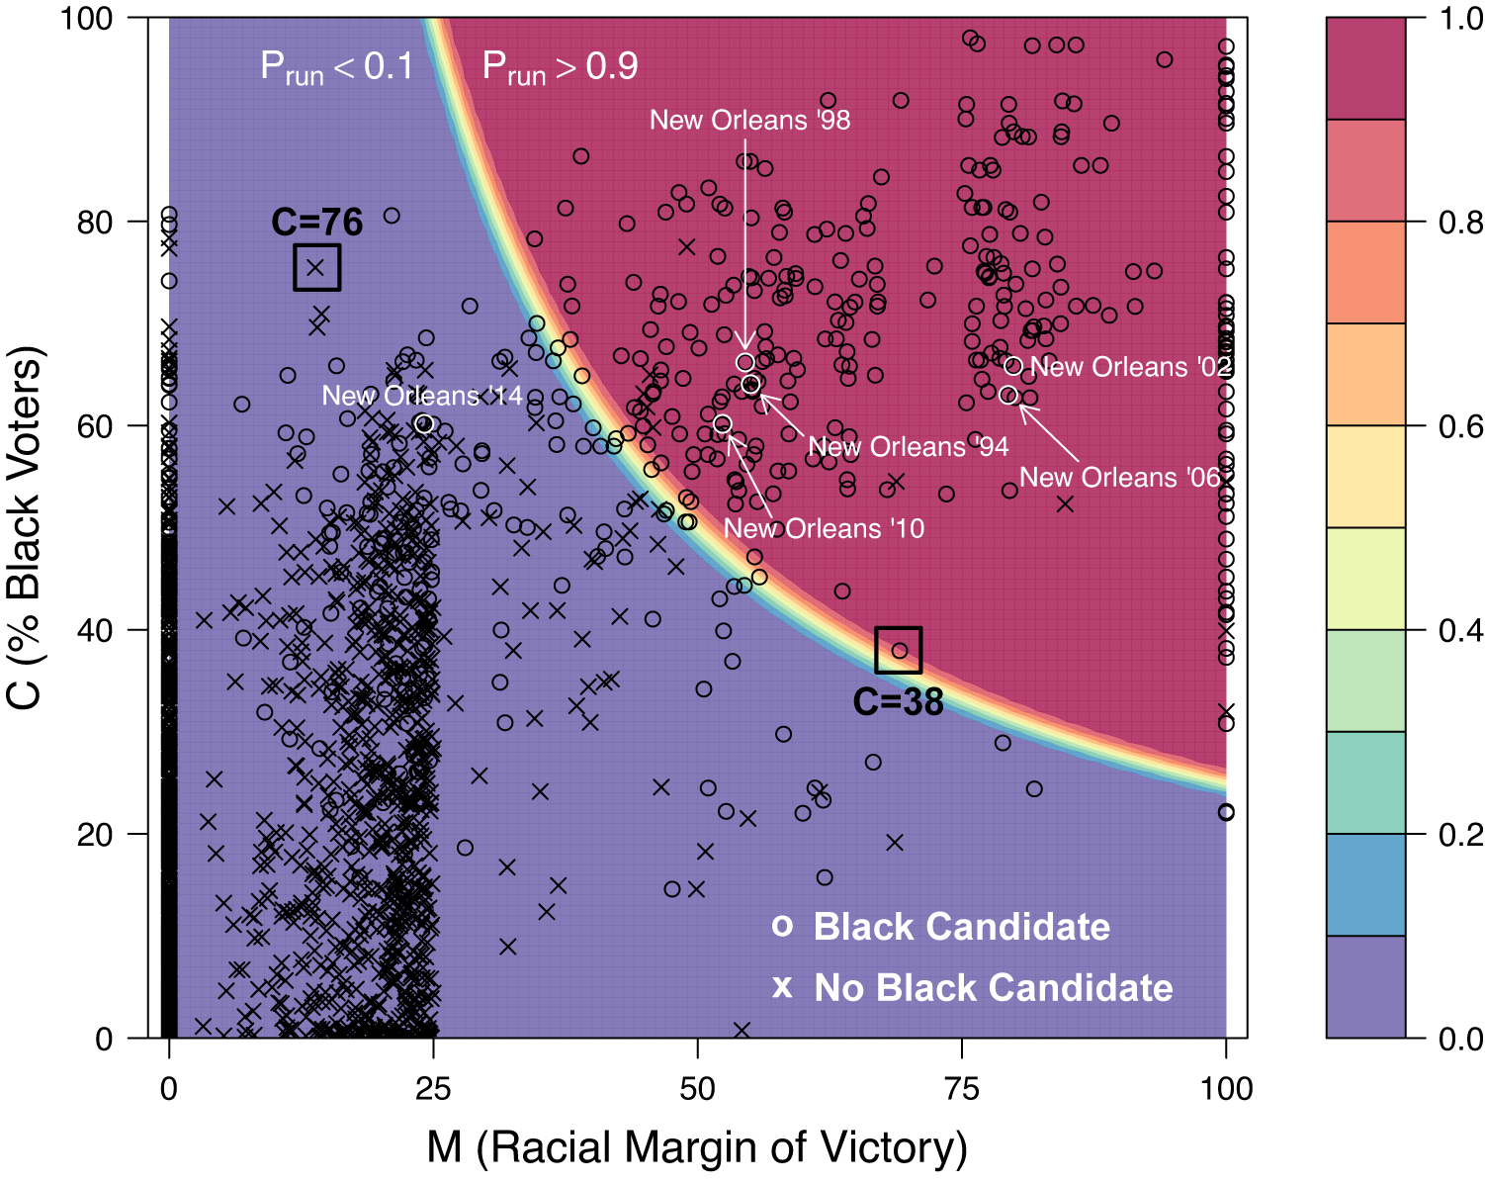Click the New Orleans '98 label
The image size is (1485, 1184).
749,121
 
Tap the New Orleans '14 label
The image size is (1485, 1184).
422,397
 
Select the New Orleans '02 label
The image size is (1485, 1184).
1131,368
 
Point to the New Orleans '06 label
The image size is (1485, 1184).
1120,478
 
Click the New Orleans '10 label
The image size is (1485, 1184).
824,529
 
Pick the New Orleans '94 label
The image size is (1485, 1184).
908,447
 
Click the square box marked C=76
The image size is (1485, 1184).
317,267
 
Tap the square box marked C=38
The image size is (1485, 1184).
899,650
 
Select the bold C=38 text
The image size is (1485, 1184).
898,702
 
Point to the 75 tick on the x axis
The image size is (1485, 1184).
962,1089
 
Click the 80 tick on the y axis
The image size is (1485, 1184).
95,222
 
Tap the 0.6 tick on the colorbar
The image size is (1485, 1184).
1460,426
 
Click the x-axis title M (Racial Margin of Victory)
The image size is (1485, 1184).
697,1147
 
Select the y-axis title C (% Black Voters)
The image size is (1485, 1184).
26,528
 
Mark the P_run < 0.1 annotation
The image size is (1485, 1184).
336,67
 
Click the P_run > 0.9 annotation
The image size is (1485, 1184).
560,67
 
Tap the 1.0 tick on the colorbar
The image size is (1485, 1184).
1460,19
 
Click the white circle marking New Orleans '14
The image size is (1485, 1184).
424,424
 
